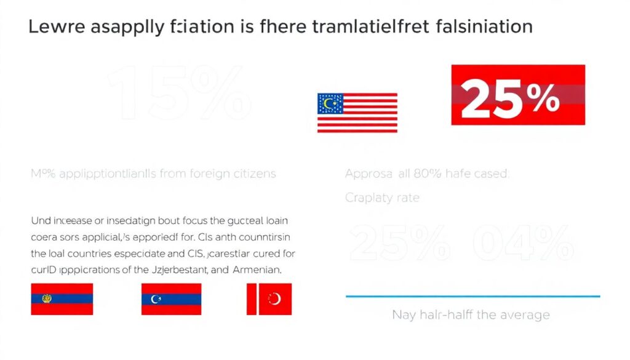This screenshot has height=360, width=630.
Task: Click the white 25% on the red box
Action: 510,99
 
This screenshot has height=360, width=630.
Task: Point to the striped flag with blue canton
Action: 357,113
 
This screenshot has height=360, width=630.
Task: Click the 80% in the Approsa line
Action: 426,174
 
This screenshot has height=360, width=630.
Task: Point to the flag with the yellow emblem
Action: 62,299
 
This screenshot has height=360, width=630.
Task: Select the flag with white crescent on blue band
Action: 171,299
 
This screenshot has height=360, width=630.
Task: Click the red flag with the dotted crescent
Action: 269,299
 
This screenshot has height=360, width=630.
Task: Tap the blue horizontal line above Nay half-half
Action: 472,296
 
